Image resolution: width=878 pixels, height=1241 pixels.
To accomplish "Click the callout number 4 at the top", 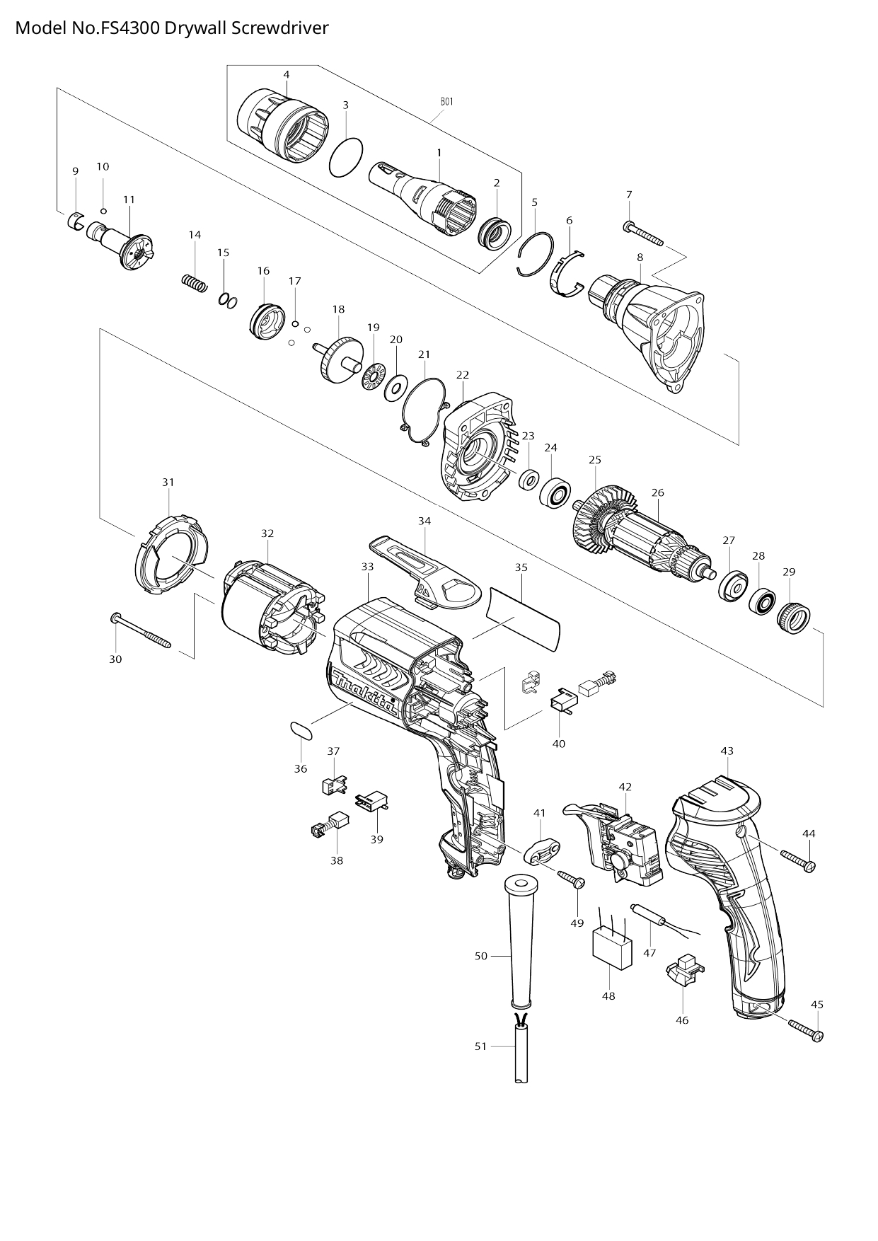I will (x=286, y=74).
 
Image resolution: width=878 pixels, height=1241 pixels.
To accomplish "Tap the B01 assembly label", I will (x=446, y=102).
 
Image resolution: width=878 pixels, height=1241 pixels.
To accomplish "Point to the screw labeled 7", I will (x=644, y=234).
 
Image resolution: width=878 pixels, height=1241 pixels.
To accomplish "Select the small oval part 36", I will (x=301, y=730).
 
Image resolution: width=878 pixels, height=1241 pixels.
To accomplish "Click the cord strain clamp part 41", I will (x=543, y=849).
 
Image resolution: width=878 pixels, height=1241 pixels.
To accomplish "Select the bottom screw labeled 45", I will (x=804, y=1029).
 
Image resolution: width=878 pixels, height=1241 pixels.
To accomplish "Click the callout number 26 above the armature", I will (x=657, y=492).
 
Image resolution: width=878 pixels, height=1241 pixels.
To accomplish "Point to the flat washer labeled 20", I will (x=394, y=388).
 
